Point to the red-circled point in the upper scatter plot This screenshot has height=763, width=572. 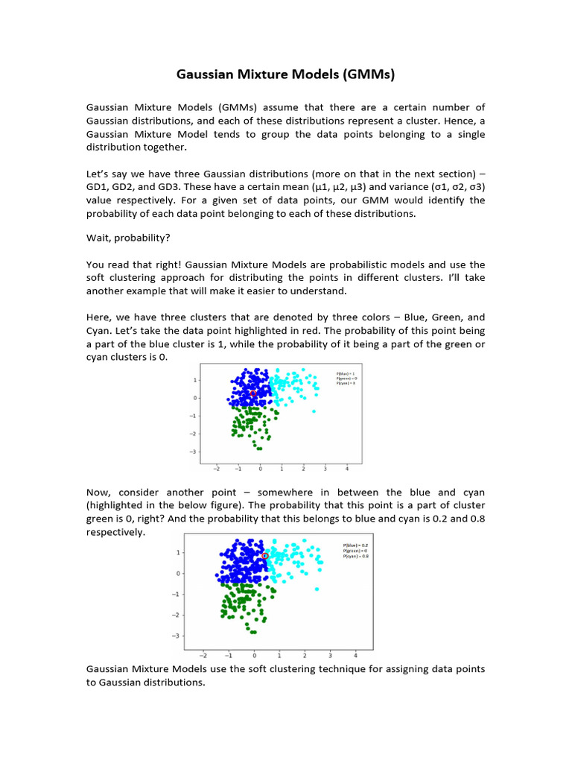point(252,393)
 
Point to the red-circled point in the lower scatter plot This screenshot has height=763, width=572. point(265,556)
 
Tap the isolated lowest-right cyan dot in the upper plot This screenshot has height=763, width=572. point(314,411)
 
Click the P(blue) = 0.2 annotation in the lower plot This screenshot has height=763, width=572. point(356,545)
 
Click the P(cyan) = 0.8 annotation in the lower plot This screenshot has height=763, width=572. point(356,557)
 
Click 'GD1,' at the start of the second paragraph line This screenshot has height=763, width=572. point(98,186)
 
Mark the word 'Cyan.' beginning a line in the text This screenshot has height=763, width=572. point(100,331)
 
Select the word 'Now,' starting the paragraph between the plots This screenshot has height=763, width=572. point(100,493)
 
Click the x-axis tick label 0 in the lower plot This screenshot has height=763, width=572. point(254,655)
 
